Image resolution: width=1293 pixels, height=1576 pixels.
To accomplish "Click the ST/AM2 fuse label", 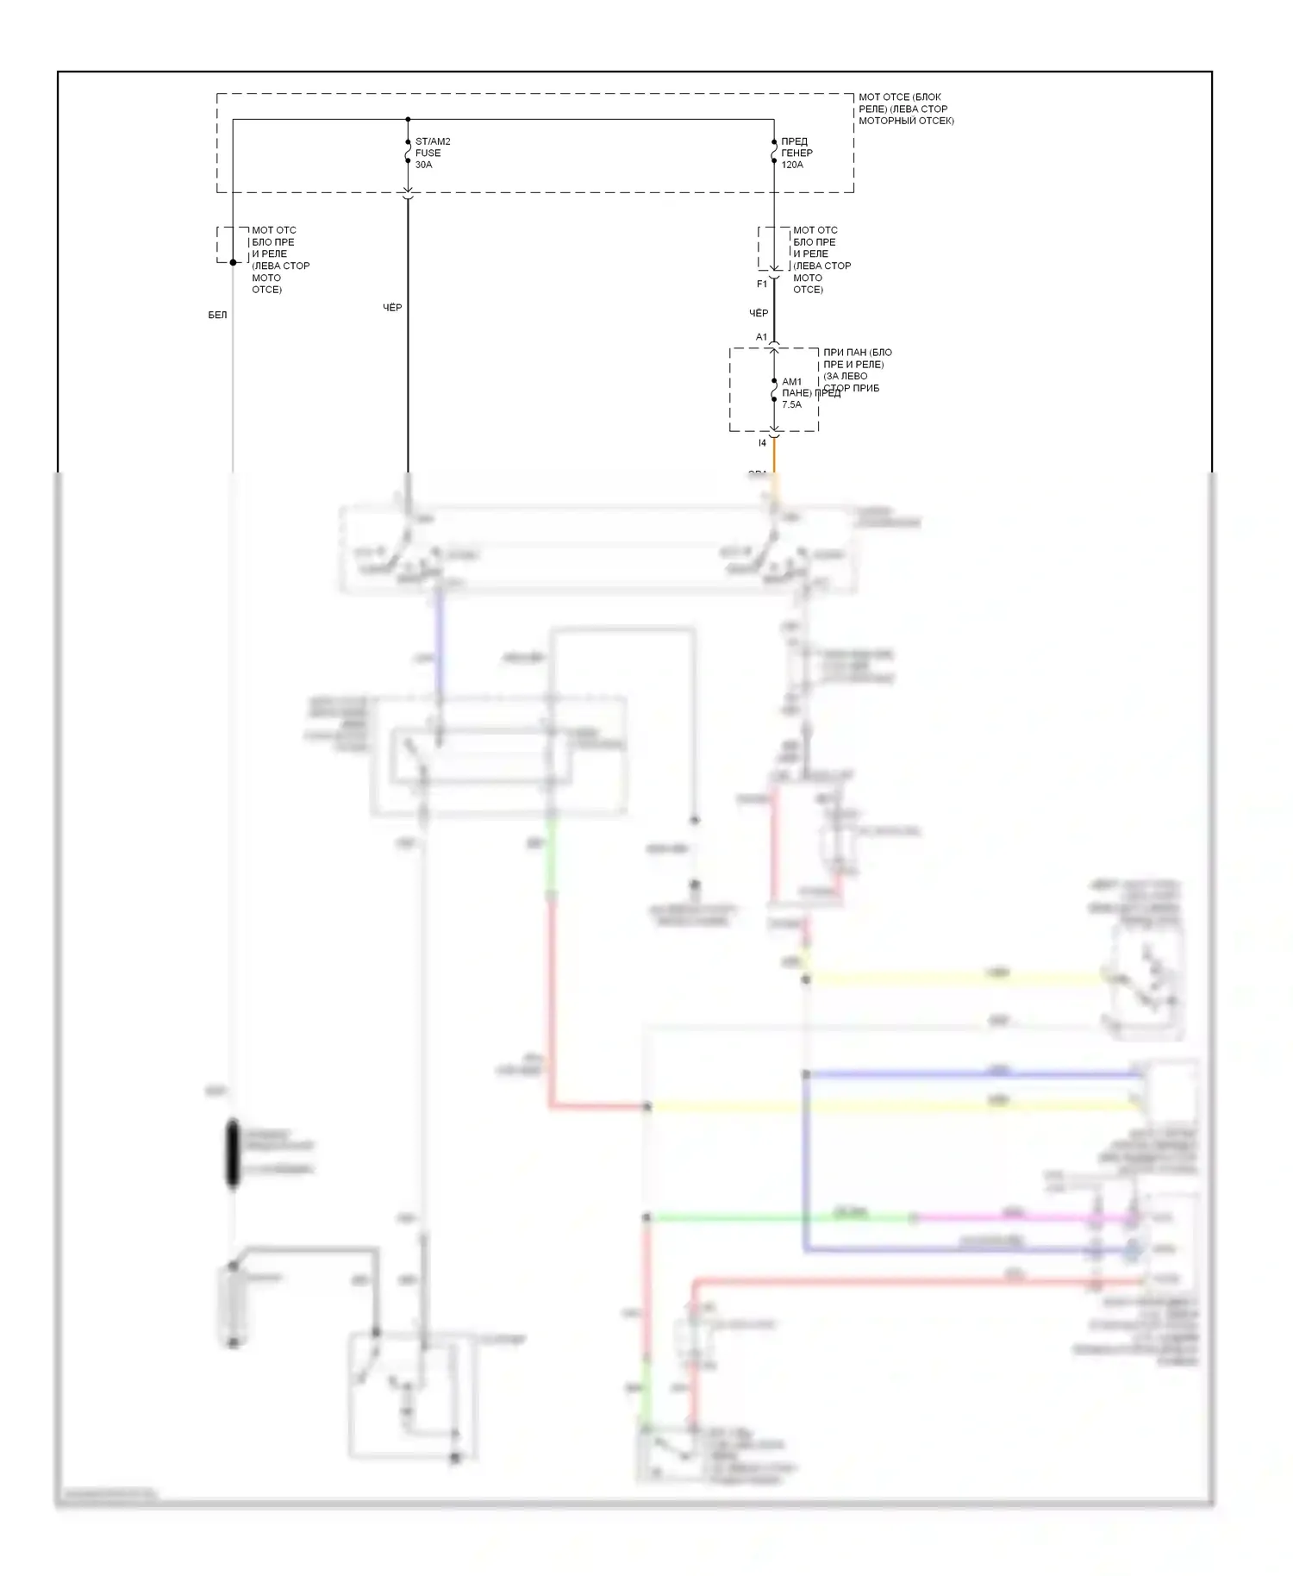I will pyautogui.click(x=432, y=141).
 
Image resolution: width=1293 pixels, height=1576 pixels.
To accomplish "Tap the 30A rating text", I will pyautogui.click(x=423, y=165).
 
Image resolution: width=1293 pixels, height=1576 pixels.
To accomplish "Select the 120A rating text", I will pyautogui.click(x=791, y=165).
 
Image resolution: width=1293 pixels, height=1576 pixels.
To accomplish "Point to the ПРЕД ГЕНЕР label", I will pyautogui.click(x=796, y=147).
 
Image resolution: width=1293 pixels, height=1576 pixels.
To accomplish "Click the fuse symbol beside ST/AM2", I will pyautogui.click(x=408, y=152).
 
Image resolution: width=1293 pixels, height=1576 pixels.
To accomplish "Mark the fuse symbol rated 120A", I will pyautogui.click(x=774, y=152).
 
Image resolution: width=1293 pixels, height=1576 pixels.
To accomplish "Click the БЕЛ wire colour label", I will pyautogui.click(x=217, y=316).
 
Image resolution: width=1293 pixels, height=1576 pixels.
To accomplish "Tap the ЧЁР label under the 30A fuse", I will pyautogui.click(x=392, y=308).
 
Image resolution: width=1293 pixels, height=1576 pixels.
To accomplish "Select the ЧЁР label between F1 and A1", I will pyautogui.click(x=759, y=313).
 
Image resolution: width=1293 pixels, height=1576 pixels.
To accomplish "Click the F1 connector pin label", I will pyautogui.click(x=762, y=284).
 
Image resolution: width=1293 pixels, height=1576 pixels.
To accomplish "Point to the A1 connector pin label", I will pyautogui.click(x=761, y=337).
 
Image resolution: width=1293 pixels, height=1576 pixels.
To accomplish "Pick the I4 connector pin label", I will pyautogui.click(x=762, y=443).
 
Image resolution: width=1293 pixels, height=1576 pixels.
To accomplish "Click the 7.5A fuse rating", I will pyautogui.click(x=791, y=404).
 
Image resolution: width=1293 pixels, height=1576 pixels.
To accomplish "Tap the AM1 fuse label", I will pyautogui.click(x=791, y=381).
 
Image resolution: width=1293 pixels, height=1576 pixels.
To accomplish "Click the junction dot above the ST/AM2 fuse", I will pyautogui.click(x=408, y=120).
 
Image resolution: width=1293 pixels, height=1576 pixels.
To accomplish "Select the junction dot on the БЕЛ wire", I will pyautogui.click(x=233, y=262).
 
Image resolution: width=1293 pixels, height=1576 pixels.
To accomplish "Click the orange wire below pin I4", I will pyautogui.click(x=774, y=457).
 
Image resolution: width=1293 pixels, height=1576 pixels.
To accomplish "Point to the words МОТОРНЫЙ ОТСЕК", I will pyautogui.click(x=906, y=121).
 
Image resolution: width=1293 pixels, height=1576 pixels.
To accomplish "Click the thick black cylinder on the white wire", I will pyautogui.click(x=233, y=1153).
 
